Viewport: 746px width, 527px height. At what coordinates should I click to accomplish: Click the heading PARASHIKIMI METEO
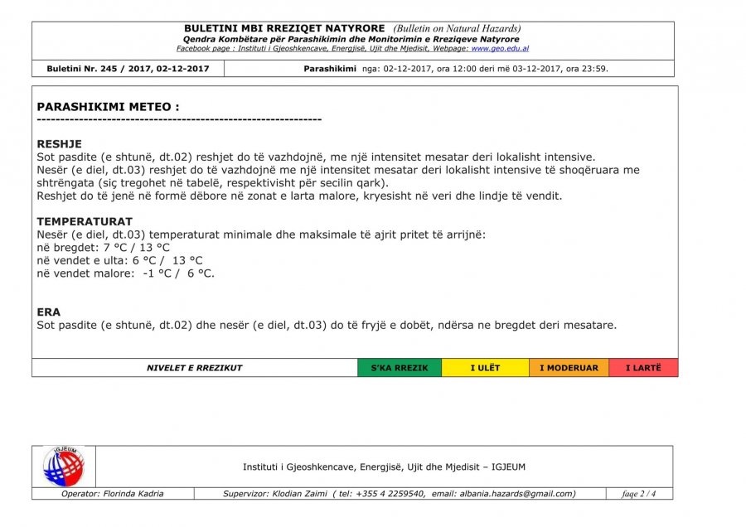point(108,107)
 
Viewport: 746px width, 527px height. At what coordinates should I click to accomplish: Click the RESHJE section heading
point(60,144)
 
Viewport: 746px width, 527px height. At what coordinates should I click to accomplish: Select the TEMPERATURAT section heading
point(85,221)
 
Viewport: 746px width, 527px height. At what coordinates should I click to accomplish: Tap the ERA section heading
point(49,312)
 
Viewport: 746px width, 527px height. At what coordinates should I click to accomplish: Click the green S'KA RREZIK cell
point(400,368)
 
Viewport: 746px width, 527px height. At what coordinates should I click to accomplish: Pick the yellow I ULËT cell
point(485,368)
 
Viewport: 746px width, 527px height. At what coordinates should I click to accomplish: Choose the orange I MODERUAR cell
point(569,368)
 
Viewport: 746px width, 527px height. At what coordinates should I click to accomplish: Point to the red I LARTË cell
point(643,368)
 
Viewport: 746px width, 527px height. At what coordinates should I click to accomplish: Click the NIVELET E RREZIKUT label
point(195,368)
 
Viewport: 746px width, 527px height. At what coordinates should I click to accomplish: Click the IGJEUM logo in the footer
point(64,467)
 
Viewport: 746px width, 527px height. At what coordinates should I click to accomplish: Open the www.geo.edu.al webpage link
point(500,49)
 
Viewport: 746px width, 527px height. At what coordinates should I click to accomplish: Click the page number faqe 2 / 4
point(639,495)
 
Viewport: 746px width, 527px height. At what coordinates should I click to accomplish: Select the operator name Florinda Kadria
point(133,494)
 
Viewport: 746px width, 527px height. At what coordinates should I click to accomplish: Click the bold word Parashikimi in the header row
point(330,69)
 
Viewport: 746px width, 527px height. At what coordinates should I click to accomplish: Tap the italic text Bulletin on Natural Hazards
point(457,29)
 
